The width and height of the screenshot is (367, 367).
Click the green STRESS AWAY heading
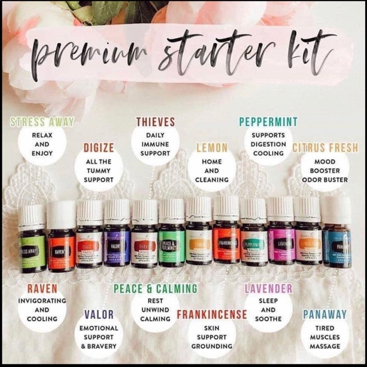point(42,121)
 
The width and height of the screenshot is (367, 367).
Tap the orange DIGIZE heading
point(99,148)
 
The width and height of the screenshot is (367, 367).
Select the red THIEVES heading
point(156,121)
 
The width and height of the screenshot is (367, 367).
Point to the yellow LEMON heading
point(212,148)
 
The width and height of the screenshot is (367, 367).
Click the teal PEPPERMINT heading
point(268,121)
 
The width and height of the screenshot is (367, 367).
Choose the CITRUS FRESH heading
point(325,148)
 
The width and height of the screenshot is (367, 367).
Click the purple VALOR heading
point(99,314)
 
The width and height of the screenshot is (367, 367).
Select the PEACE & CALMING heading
point(156,289)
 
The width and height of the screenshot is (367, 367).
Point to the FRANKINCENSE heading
point(212,314)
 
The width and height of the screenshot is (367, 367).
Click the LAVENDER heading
point(268,289)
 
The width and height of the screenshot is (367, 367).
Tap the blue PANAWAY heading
point(325,314)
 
